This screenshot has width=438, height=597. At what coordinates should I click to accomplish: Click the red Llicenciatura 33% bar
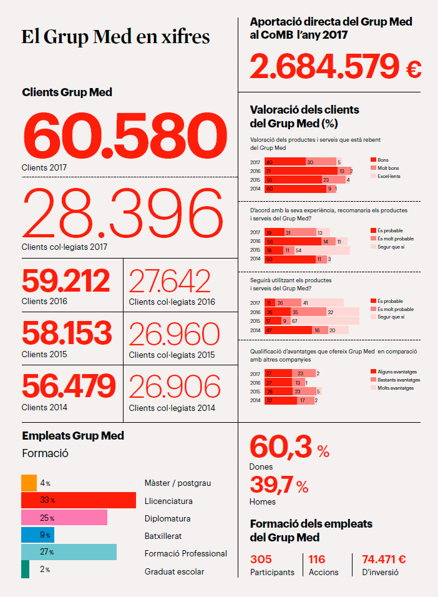(78, 500)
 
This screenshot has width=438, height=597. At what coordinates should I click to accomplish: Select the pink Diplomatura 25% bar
(64, 518)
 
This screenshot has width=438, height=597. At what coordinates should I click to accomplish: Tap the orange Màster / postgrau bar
(29, 483)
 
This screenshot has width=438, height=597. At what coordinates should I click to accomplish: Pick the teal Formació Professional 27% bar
(69, 552)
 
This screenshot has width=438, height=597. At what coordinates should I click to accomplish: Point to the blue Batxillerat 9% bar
(37, 535)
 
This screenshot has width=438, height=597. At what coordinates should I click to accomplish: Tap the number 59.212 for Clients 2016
(66, 282)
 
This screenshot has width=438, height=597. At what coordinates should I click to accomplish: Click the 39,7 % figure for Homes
(279, 484)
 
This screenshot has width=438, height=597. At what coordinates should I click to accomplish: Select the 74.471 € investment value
(384, 560)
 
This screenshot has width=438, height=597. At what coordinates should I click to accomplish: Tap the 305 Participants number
(263, 560)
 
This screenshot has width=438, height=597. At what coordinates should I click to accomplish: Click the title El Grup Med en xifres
(115, 36)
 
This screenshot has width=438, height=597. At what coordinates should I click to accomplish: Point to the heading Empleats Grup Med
(73, 436)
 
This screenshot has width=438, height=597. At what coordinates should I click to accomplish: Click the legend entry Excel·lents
(388, 177)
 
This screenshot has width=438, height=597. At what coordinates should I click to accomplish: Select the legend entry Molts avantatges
(395, 388)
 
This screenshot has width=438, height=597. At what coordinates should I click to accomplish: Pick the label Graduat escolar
(174, 571)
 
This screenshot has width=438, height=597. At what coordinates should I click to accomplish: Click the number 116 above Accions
(317, 560)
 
